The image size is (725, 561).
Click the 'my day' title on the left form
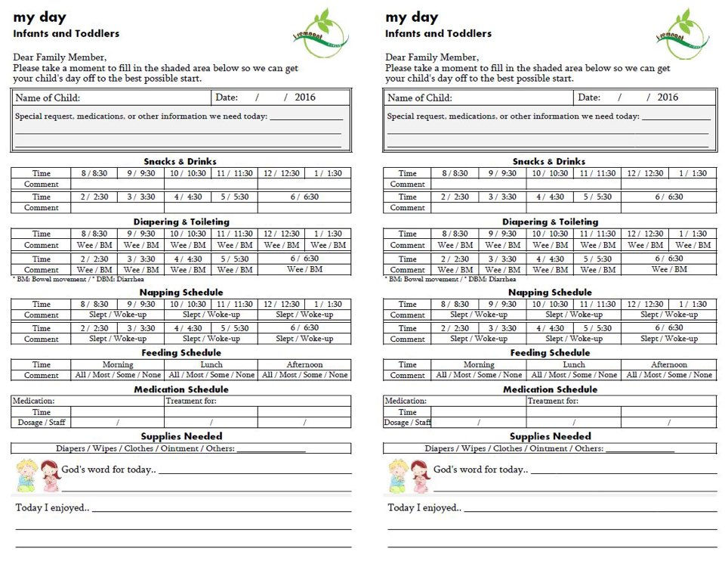click(x=40, y=17)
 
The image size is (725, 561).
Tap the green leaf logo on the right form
click(x=683, y=33)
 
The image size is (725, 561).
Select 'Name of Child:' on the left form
click(x=48, y=98)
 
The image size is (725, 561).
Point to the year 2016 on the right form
click(x=668, y=97)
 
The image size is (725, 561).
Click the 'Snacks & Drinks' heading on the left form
click(x=180, y=161)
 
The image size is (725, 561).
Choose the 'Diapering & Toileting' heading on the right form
click(x=549, y=222)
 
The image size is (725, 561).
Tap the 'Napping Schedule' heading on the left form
click(x=180, y=292)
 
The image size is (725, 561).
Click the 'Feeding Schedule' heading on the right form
click(x=549, y=352)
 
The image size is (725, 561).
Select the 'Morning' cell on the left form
click(x=118, y=364)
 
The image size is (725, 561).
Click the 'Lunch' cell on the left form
click(x=211, y=364)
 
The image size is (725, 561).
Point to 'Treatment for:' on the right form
click(x=553, y=401)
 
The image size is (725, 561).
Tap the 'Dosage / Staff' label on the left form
click(x=41, y=423)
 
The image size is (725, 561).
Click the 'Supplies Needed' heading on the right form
click(x=550, y=436)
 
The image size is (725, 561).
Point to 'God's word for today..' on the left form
click(x=109, y=470)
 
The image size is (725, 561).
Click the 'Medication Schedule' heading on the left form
click(x=180, y=389)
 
